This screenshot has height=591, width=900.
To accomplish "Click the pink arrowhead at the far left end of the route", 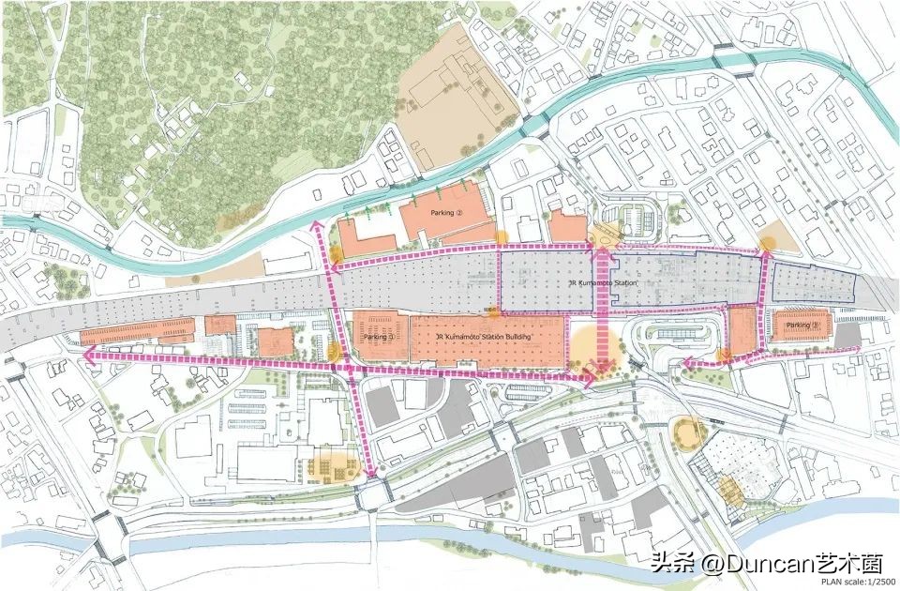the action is click(83, 356).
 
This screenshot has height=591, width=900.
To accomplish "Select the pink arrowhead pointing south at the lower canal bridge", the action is click(375, 469).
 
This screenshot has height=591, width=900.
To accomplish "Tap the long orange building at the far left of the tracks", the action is click(137, 331).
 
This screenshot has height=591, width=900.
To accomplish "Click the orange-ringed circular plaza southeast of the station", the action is click(690, 432).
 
